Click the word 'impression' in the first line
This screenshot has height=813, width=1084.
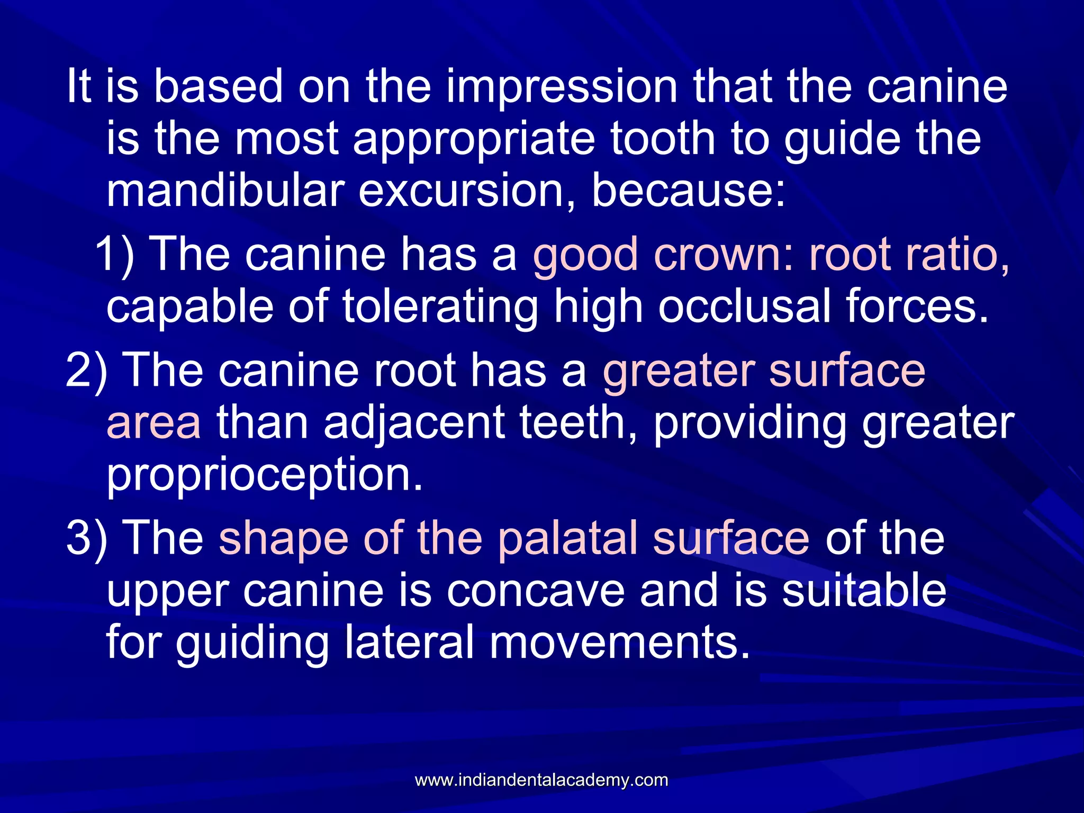tap(562, 87)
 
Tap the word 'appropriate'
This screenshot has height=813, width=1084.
tap(474, 139)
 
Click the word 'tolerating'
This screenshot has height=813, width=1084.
tap(440, 307)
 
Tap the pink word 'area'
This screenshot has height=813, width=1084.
tap(153, 423)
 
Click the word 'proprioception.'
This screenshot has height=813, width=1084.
tap(265, 475)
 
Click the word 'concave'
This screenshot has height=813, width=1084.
tap(535, 591)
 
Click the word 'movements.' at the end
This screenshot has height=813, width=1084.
tap(619, 642)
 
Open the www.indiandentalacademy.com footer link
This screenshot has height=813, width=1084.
tap(541, 780)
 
